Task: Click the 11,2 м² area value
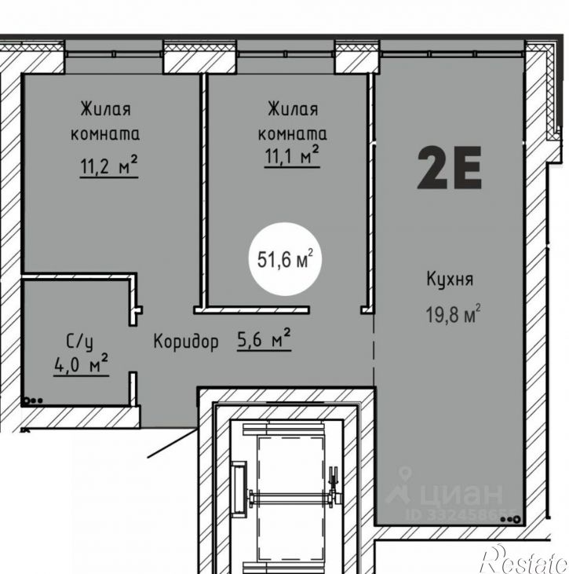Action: coord(108,166)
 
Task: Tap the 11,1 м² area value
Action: coord(292,156)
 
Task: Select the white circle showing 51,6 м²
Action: coord(285,259)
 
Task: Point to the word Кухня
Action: coord(450,279)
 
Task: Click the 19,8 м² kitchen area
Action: coord(453,314)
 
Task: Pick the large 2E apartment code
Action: coord(449,167)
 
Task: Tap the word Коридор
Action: coord(186,342)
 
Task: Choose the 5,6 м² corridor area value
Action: coord(264,339)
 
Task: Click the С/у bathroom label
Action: coord(79,342)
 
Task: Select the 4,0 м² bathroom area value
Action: coord(81,364)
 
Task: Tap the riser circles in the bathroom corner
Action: coord(33,400)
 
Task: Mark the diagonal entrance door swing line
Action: coord(172,444)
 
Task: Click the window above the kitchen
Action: coord(453,54)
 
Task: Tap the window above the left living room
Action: coord(114,54)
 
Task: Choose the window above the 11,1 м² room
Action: coord(286,54)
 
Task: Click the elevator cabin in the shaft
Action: coord(290,497)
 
